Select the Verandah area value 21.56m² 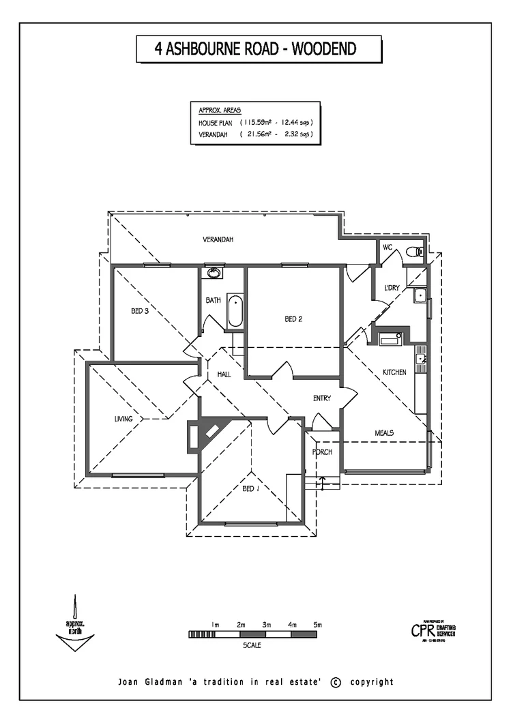pyautogui.click(x=256, y=135)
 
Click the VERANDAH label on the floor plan pyautogui.click(x=218, y=240)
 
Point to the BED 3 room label pyautogui.click(x=140, y=310)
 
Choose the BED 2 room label pyautogui.click(x=293, y=319)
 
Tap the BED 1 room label pyautogui.click(x=250, y=488)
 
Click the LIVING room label pyautogui.click(x=123, y=419)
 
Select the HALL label pyautogui.click(x=224, y=375)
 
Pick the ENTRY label pyautogui.click(x=321, y=398)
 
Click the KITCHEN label pyautogui.click(x=394, y=372)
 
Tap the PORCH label pyautogui.click(x=321, y=452)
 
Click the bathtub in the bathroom pyautogui.click(x=234, y=311)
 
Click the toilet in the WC pyautogui.click(x=413, y=252)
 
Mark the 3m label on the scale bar pyautogui.click(x=266, y=625)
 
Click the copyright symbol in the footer pyautogui.click(x=335, y=682)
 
